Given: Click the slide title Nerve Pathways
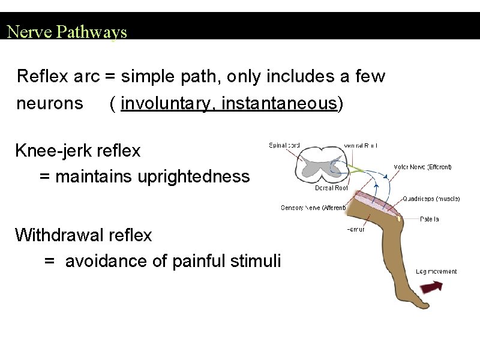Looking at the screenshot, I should (67, 31).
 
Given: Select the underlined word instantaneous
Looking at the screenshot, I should (278, 104).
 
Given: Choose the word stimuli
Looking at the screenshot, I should (259, 261).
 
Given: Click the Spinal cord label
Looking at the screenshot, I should (284, 145).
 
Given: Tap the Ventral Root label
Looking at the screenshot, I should (361, 145).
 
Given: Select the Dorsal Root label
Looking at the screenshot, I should (331, 188).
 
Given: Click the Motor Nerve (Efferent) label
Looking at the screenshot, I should (422, 167).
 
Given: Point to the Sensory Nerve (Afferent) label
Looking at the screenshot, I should (313, 208).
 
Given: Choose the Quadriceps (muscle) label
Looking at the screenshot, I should (431, 199).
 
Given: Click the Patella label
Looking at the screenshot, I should (429, 219).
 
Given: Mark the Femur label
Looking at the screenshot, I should (356, 229).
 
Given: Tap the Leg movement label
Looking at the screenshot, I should (436, 272).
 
